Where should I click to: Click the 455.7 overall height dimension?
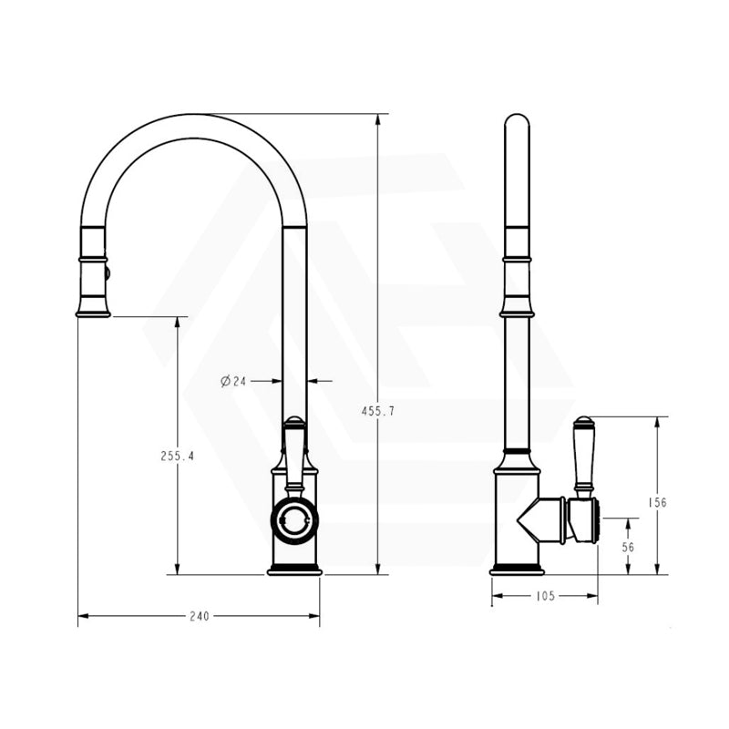tap(378, 411)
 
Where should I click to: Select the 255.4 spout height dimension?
tap(177, 457)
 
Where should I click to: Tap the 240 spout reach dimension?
tap(199, 616)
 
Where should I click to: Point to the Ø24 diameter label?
tap(234, 381)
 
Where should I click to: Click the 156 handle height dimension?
tap(657, 502)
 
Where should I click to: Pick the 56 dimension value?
tap(628, 547)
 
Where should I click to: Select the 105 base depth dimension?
tap(544, 596)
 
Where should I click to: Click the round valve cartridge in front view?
tap(294, 520)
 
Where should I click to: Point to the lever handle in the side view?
tap(583, 456)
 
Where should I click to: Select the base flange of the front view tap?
tap(294, 570)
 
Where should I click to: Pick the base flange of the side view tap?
tap(517, 570)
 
